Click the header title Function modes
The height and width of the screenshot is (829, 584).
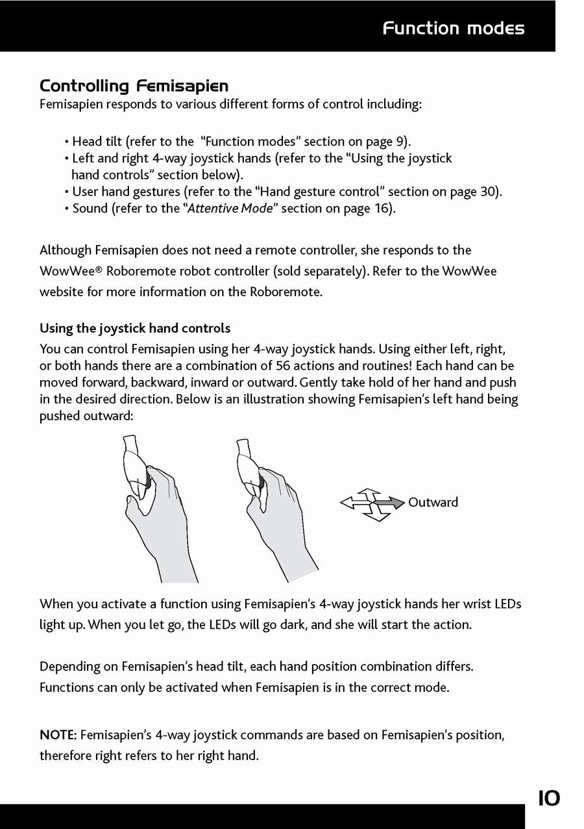click(453, 28)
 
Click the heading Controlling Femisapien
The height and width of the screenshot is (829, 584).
click(134, 86)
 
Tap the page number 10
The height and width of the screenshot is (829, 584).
click(548, 798)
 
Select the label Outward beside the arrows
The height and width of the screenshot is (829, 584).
click(433, 502)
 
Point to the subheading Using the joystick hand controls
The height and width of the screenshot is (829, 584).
click(135, 328)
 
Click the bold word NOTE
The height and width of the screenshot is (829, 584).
click(58, 735)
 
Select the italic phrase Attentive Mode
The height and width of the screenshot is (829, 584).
click(230, 209)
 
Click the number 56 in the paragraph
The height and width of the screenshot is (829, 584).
click(284, 366)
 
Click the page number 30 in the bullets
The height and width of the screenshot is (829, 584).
click(489, 192)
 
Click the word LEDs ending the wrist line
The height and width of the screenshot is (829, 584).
click(507, 604)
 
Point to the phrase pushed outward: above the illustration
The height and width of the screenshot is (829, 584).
click(86, 416)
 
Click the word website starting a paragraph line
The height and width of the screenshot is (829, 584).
click(62, 292)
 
